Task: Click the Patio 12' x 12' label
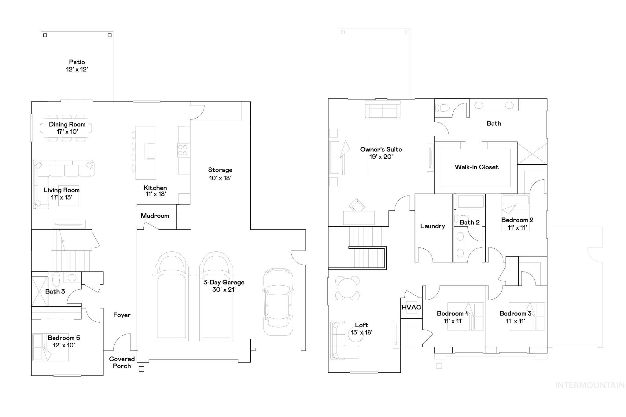[77, 66]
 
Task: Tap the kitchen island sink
[151, 151]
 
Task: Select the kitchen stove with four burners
[183, 150]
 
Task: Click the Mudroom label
[155, 216]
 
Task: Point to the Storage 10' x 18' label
[220, 174]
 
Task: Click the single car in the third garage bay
[278, 302]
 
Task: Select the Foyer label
[122, 315]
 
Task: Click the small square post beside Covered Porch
[142, 369]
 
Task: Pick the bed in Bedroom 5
[50, 347]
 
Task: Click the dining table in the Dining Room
[66, 128]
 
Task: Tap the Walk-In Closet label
[477, 167]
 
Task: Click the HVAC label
[411, 307]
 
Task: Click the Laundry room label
[433, 226]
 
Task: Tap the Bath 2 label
[469, 222]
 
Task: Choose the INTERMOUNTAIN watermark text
[590, 385]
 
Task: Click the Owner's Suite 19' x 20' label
[381, 153]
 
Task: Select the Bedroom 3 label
[515, 313]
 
